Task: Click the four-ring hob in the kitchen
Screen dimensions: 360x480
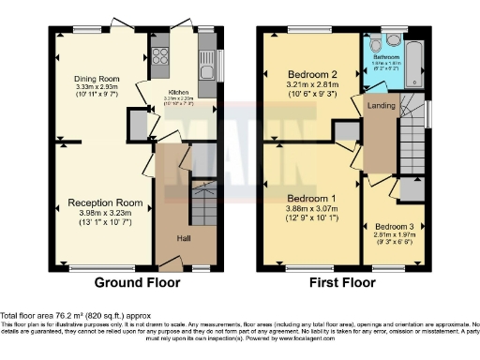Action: tap(159, 55)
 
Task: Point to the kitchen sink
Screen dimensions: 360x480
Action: tap(207, 64)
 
